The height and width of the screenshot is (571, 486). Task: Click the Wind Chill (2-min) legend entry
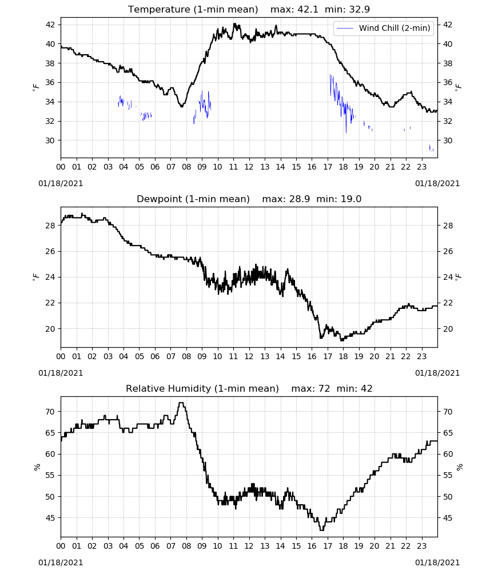coord(384,28)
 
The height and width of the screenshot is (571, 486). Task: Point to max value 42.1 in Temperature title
coord(308,9)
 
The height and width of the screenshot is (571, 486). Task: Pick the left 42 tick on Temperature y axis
coord(50,25)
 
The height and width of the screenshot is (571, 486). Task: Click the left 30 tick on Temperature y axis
coord(50,140)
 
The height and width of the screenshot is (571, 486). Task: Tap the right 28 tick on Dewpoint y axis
coord(448,226)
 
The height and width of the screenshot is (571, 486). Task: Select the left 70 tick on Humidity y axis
coord(50,412)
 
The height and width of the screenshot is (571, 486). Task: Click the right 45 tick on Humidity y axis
coord(448,517)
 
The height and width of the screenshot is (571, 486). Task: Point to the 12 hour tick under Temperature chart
coord(249,167)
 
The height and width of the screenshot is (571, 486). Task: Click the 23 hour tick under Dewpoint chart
coord(421,356)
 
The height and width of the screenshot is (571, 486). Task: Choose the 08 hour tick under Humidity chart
coord(186,546)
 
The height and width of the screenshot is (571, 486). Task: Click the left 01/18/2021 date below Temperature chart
coord(61,183)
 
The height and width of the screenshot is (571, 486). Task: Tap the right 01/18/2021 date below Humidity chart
coord(437,562)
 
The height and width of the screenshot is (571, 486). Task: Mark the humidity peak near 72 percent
coord(181,403)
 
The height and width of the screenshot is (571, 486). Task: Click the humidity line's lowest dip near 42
coord(322,530)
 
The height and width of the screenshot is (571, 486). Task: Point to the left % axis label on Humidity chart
coord(37,467)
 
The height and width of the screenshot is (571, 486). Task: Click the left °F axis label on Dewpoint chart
coord(36,278)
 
